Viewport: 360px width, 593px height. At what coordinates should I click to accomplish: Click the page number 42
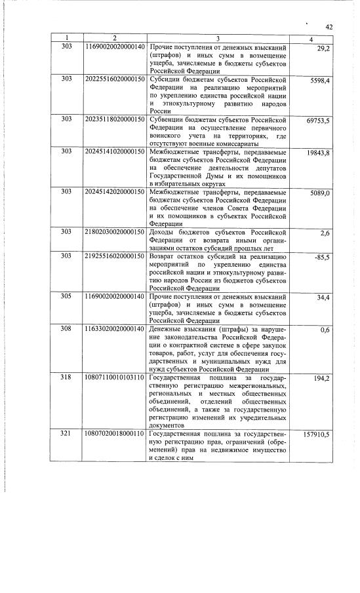coord(329,27)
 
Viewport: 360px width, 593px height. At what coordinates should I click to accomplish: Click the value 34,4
coord(321,298)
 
